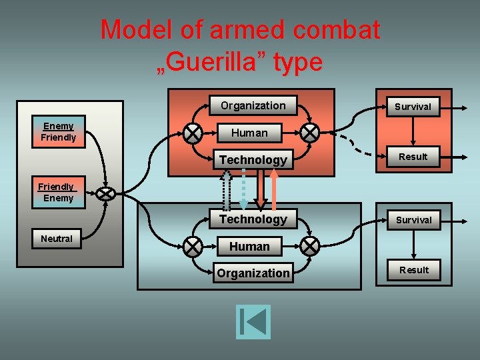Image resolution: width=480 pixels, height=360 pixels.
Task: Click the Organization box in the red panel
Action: coord(253,106)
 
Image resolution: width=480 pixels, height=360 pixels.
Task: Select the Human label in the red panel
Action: coord(249,133)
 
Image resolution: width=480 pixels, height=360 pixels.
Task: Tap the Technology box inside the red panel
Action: coord(253,160)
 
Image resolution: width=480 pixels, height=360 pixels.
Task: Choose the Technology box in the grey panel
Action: coord(253,219)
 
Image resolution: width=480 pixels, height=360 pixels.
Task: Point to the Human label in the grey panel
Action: coord(249,247)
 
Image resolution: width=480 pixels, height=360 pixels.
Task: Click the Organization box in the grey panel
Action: coord(253,273)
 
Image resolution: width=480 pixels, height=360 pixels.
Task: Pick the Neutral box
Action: coord(57,239)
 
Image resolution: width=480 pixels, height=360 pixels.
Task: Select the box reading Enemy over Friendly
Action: coord(59,132)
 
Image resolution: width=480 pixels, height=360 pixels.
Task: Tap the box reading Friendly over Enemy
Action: coord(57,193)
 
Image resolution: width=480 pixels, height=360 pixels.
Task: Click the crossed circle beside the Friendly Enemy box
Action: coord(106,193)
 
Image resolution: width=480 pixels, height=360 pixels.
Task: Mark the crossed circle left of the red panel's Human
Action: coord(193,133)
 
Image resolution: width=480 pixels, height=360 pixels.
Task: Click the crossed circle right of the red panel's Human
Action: coord(309,133)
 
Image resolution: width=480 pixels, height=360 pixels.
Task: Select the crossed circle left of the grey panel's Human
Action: coord(193,247)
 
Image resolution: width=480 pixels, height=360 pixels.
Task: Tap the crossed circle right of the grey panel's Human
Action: coord(309,247)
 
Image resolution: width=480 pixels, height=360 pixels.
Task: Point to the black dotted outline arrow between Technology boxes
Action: coord(227,190)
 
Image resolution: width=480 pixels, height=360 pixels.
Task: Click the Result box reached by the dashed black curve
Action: coord(413,157)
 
